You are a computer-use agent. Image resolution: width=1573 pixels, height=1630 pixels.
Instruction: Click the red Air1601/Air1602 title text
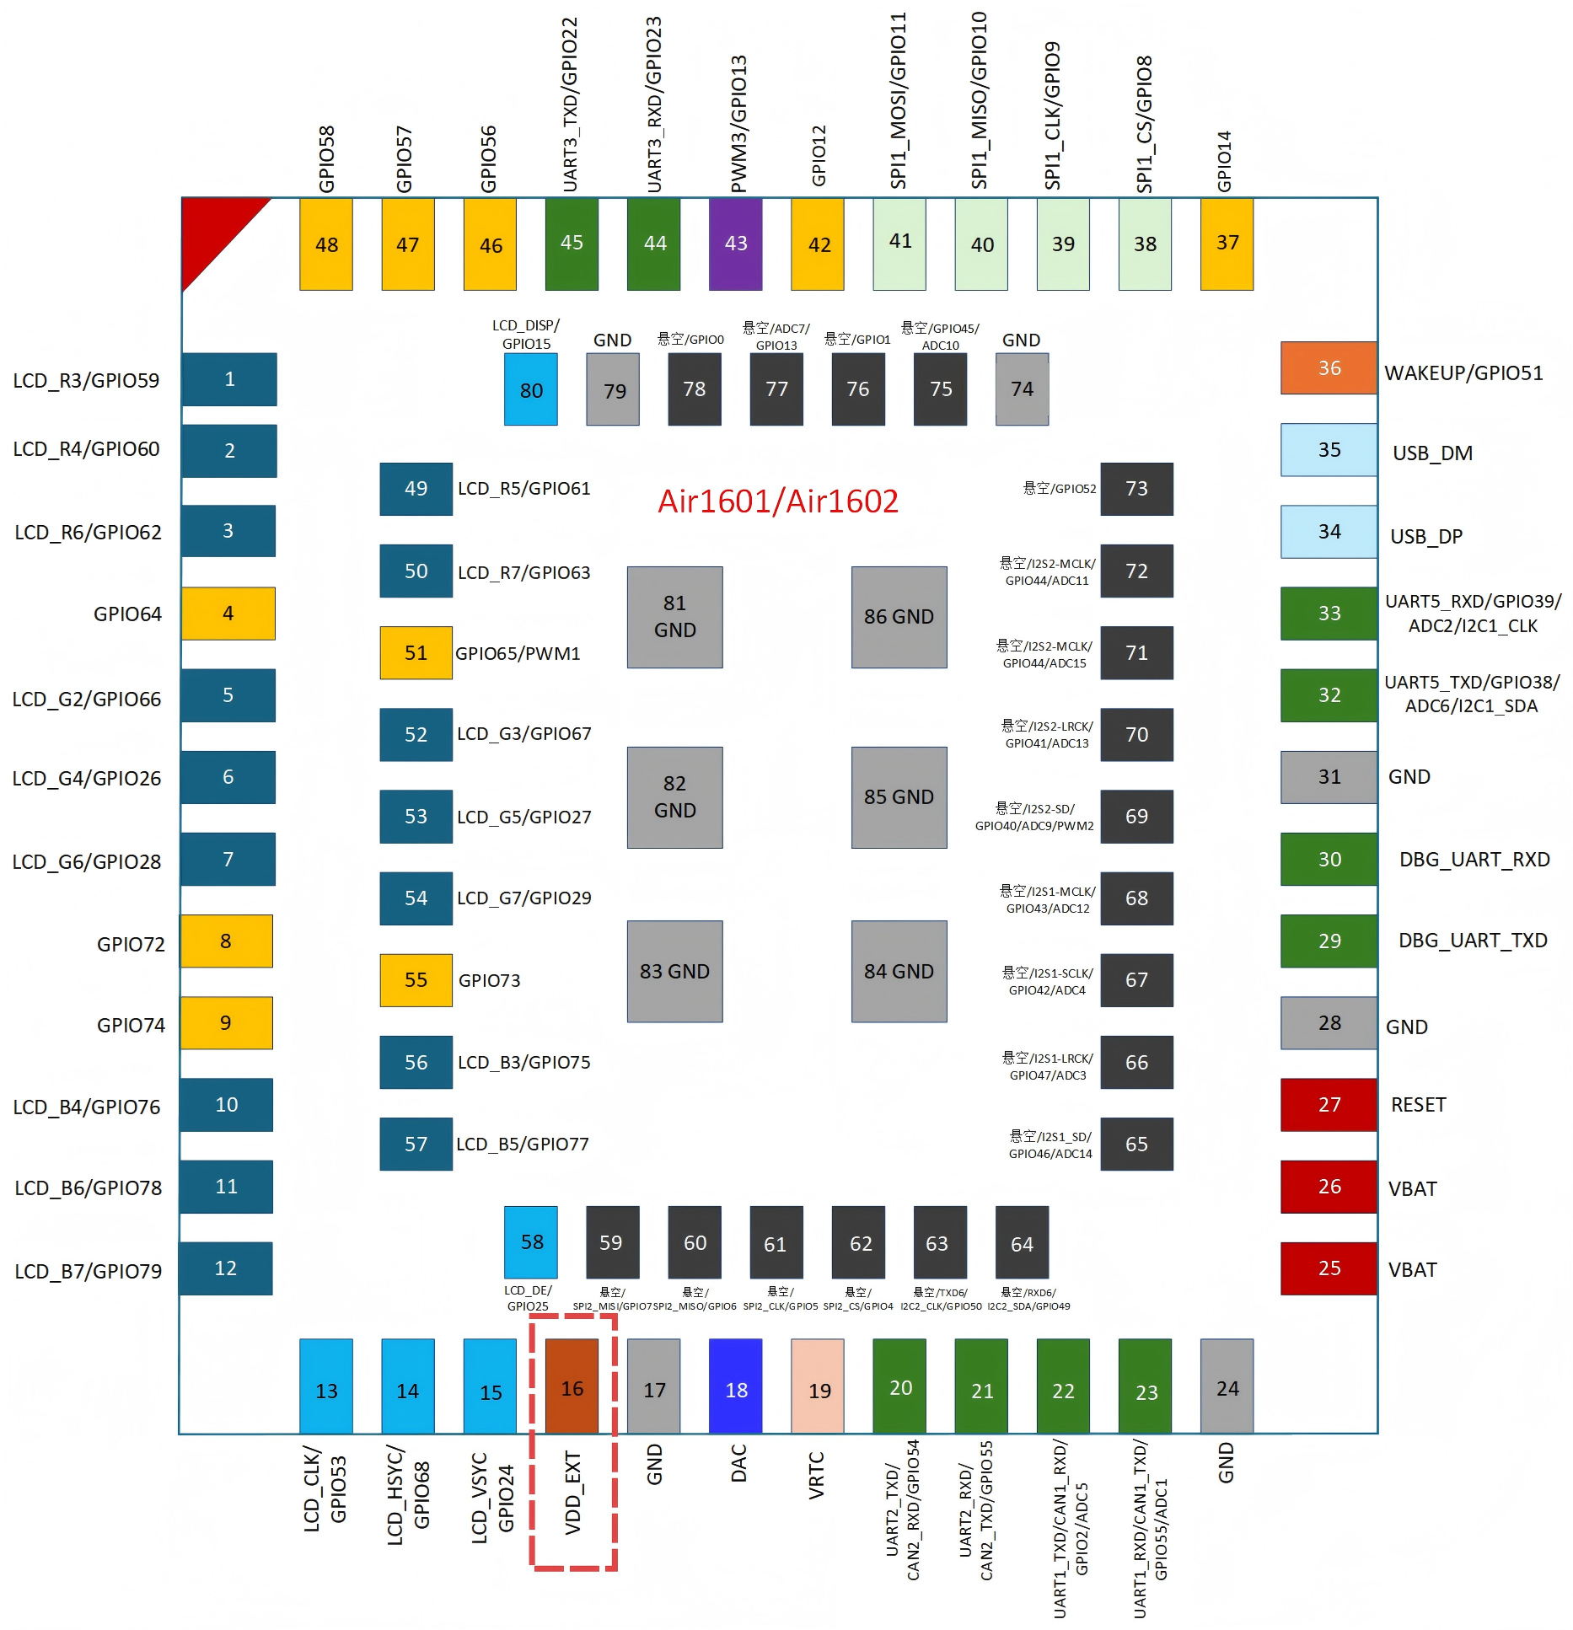(777, 501)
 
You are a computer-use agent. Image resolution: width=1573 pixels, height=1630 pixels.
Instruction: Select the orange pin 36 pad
(1329, 367)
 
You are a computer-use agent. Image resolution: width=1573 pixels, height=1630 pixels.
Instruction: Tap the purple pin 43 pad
(735, 244)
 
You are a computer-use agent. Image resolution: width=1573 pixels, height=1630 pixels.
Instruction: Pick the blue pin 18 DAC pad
(735, 1386)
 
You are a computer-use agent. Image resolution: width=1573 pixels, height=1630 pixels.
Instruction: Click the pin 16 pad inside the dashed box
(572, 1386)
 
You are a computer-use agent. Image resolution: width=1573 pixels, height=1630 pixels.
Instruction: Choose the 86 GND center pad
(899, 617)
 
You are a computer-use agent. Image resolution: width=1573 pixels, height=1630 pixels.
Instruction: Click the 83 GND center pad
(674, 971)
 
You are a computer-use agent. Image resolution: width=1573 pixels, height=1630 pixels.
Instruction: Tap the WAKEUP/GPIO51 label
(1463, 373)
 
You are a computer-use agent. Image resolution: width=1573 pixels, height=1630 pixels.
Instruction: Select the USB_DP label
(1426, 537)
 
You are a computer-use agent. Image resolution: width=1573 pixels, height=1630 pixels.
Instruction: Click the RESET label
(1418, 1105)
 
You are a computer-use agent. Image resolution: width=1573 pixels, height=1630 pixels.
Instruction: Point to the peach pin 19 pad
(817, 1386)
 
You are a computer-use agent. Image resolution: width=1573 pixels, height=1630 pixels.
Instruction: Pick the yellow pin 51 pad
(416, 652)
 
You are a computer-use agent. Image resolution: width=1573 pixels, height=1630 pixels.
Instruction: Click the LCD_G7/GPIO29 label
(523, 898)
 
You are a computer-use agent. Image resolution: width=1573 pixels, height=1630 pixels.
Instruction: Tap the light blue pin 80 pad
(530, 389)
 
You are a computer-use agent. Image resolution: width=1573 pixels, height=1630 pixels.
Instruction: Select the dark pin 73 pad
(1136, 489)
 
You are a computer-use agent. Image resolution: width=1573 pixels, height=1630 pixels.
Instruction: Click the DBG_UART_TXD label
(1473, 941)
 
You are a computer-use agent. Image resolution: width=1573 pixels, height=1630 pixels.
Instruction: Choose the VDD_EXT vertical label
(573, 1492)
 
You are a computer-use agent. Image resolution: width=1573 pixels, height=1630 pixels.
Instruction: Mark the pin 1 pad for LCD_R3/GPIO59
(229, 379)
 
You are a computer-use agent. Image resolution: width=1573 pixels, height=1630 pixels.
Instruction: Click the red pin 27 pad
(1329, 1104)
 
